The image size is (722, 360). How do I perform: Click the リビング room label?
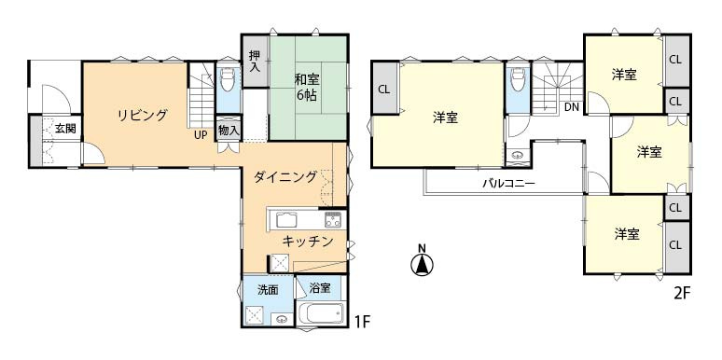click(143, 116)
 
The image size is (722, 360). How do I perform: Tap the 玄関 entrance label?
click(64, 129)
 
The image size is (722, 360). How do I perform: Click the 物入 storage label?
click(229, 130)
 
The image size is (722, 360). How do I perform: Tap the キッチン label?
click(308, 242)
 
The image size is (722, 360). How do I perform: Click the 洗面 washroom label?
click(268, 289)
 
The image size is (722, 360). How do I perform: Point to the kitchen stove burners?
click(333, 220)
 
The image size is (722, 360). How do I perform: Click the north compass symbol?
click(422, 264)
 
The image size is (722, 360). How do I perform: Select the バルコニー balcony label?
click(508, 184)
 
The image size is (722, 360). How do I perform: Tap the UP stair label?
click(201, 134)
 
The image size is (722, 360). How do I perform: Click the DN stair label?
click(571, 107)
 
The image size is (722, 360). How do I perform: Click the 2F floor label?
click(681, 293)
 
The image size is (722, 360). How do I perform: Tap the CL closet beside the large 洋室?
click(384, 90)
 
